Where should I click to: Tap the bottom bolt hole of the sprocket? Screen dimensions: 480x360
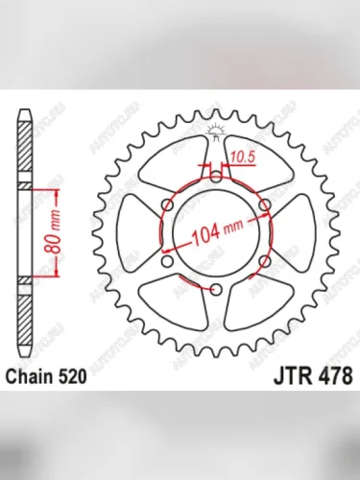pos(216,289)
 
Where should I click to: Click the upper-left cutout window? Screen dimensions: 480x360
pos(174,159)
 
